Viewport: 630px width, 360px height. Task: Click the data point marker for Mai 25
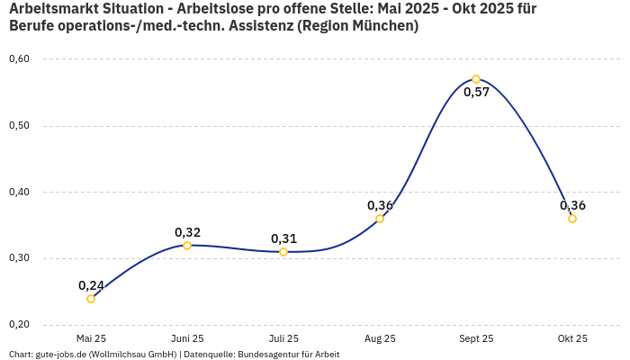pos(91,299)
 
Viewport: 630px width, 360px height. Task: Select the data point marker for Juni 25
pos(187,246)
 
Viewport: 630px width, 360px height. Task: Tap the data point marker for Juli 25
pos(283,252)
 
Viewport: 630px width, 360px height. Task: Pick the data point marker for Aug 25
pos(380,219)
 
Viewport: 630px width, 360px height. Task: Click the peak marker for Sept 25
pos(476,79)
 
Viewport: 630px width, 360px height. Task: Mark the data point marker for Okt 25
pos(572,219)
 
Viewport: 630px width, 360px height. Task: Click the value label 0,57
pos(476,93)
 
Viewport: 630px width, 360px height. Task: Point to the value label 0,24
pos(91,285)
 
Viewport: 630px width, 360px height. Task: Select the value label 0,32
pos(187,232)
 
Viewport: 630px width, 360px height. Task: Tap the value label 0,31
pos(283,238)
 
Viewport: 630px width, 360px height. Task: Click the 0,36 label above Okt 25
pos(572,205)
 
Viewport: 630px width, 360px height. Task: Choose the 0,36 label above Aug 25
pos(380,205)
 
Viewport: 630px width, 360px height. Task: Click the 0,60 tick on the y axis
pos(19,59)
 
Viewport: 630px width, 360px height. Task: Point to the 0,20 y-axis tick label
pos(19,324)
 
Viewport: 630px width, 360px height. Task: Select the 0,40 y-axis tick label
pos(19,192)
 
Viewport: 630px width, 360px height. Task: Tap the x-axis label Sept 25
pos(476,338)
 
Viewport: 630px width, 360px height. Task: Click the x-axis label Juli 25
pos(283,338)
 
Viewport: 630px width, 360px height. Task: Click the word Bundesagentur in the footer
pos(269,355)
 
